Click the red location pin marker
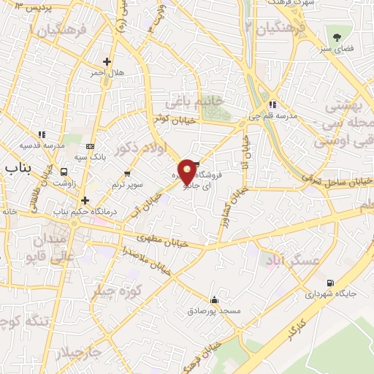(x=188, y=172)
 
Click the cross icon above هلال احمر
(x=108, y=61)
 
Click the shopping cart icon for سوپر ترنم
(x=127, y=174)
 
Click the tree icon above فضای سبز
(x=337, y=37)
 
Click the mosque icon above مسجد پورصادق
(x=213, y=299)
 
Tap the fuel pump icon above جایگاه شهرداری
(x=331, y=283)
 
